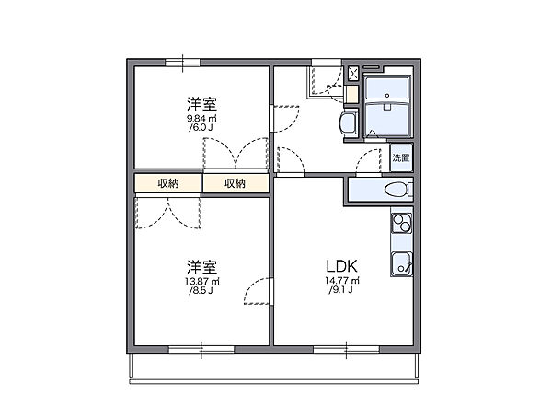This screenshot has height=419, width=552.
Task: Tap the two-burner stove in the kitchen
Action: click(401, 225)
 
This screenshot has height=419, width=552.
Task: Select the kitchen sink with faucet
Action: click(401, 262)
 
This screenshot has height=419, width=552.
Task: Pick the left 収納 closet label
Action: click(167, 183)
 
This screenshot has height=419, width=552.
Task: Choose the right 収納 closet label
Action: click(236, 183)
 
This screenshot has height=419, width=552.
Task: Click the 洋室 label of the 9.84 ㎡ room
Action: click(202, 102)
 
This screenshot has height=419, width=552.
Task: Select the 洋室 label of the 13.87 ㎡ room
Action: click(202, 265)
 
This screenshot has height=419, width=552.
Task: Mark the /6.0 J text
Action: click(202, 128)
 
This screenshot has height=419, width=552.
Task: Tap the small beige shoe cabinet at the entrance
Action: click(351, 93)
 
